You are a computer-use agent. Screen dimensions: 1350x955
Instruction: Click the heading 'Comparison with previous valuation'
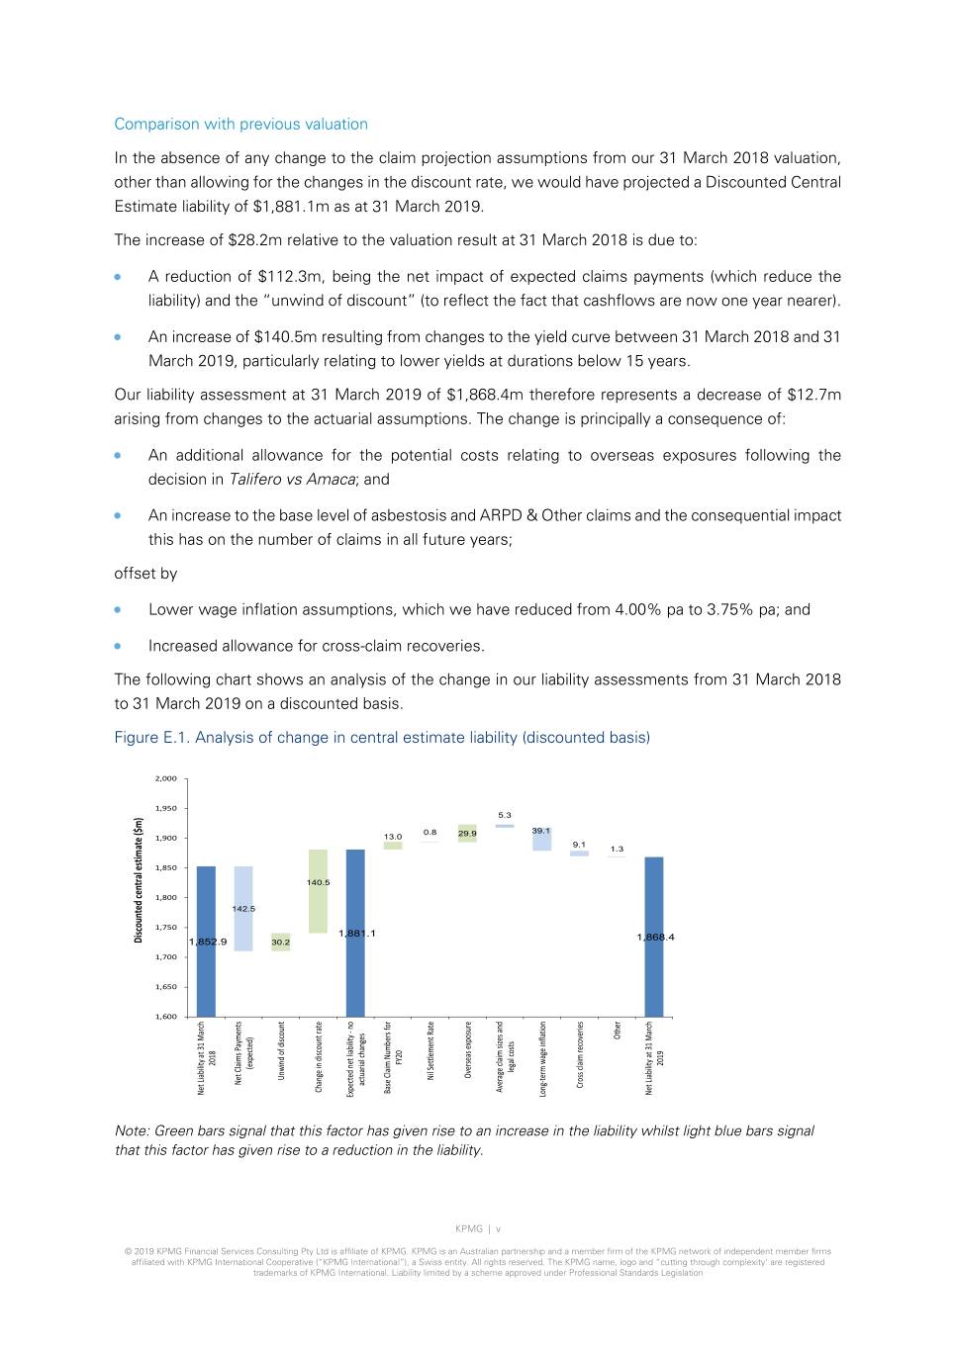[240, 124]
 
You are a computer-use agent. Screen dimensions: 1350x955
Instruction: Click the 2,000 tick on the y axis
[165, 778]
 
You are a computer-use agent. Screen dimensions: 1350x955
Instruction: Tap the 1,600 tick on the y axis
[165, 1016]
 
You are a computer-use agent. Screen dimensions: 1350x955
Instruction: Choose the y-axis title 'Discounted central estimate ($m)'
[139, 880]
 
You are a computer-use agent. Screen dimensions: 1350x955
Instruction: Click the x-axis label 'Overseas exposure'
[468, 1050]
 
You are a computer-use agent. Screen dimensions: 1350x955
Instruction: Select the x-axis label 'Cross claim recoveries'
[580, 1055]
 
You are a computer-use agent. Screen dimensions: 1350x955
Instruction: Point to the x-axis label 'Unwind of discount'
[281, 1050]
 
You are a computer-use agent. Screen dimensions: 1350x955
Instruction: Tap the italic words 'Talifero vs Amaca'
[292, 480]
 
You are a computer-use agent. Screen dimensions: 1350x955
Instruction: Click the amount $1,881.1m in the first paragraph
[294, 207]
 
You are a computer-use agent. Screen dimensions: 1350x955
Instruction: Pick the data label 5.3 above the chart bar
[505, 815]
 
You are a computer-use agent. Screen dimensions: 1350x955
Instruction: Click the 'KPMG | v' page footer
[478, 1229]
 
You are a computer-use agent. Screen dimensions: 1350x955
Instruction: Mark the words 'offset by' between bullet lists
[145, 574]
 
